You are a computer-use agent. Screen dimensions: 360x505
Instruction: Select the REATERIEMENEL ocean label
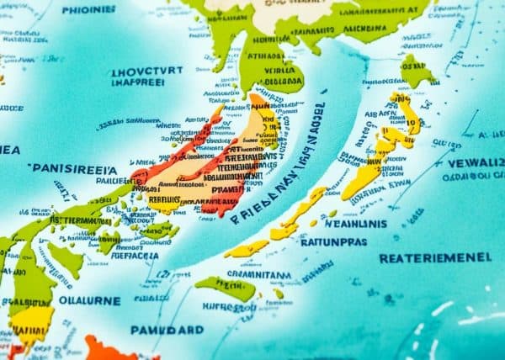pyautogui.click(x=436, y=257)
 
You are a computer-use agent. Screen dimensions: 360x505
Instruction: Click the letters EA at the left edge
pyautogui.click(x=9, y=149)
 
